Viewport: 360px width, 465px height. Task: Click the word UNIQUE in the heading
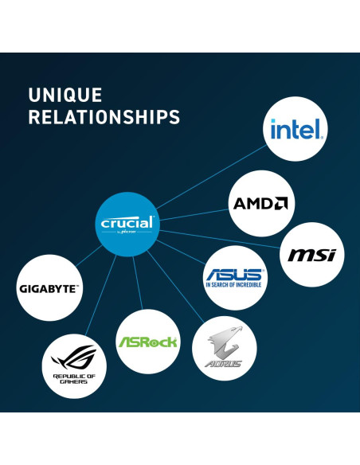tap(65, 95)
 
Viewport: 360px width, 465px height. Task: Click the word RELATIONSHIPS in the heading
tap(104, 117)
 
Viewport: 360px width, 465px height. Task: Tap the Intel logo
tap(296, 129)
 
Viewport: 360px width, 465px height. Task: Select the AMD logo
tap(260, 203)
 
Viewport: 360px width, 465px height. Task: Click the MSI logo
tap(312, 255)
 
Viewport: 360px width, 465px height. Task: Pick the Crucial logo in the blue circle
tap(127, 224)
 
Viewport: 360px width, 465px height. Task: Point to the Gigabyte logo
tap(49, 289)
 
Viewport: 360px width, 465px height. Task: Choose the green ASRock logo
tap(147, 342)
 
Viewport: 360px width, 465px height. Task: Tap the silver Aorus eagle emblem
tap(225, 342)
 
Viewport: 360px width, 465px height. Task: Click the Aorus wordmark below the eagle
tap(224, 364)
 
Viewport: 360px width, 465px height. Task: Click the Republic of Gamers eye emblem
tap(74, 358)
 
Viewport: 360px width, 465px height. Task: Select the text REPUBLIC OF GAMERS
tap(74, 379)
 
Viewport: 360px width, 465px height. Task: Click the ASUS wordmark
tap(234, 275)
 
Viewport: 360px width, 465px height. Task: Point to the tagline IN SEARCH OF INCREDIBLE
tap(233, 285)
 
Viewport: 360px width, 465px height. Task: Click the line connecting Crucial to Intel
tap(211, 177)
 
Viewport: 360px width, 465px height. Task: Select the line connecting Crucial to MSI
tap(220, 239)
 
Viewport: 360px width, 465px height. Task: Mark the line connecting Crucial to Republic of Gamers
tap(100, 295)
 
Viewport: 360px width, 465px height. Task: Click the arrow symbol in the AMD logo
tap(280, 203)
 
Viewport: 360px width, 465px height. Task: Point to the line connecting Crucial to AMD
tap(194, 215)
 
